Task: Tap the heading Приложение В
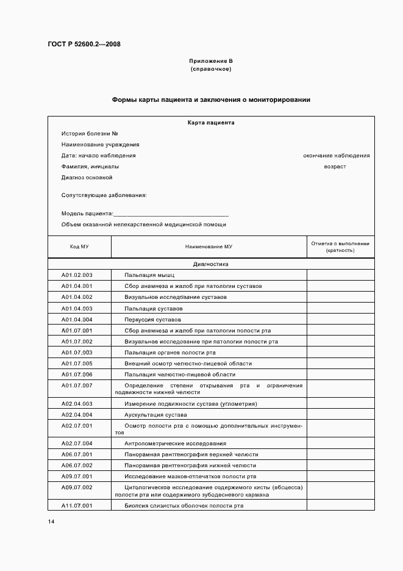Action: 211,61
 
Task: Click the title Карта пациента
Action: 211,123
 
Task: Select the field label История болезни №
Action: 90,134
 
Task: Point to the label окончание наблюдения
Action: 336,156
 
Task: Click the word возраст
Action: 335,167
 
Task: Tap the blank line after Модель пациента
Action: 171,214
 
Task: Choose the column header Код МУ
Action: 79,246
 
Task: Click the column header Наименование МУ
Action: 209,246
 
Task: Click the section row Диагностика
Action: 211,265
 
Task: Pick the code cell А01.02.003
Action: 77,275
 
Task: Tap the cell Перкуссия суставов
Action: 152,320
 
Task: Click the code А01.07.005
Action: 77,364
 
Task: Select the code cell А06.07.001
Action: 77,454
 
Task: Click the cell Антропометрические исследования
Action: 175,444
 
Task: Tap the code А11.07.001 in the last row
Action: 77,506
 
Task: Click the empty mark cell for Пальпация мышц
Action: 340,275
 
